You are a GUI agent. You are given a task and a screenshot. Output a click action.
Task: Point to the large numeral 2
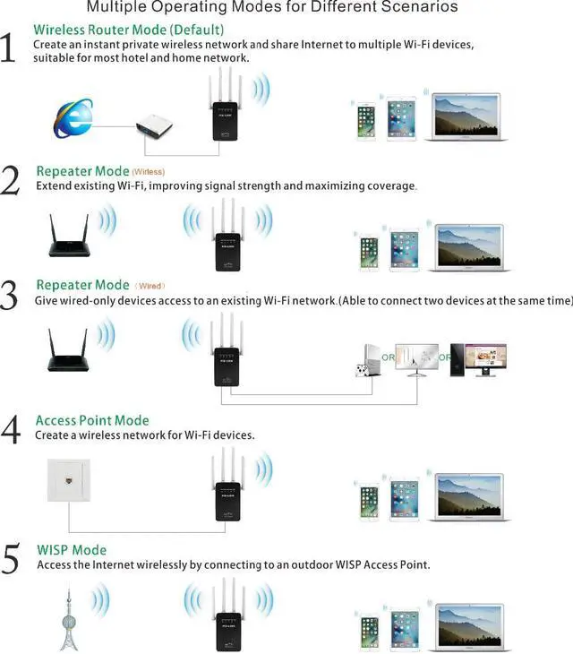10,180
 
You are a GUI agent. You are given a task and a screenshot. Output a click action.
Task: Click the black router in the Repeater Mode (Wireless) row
68,236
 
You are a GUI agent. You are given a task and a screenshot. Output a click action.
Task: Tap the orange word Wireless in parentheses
148,171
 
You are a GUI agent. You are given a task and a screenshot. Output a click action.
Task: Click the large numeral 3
10,295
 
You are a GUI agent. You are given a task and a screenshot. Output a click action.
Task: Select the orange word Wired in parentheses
150,286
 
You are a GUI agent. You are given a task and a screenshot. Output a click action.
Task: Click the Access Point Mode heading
92,420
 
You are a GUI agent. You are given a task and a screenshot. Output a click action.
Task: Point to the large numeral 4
10,429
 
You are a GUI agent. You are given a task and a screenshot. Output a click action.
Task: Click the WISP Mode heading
72,550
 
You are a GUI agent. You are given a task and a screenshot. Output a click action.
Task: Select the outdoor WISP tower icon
68,618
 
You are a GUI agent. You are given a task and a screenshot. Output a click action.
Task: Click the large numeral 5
10,559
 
